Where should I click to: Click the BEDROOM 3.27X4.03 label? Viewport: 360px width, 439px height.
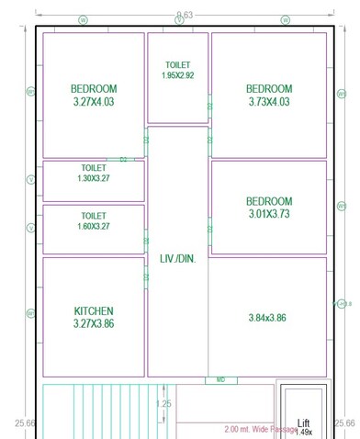click(94, 96)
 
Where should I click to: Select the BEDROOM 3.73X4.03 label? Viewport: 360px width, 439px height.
click(269, 96)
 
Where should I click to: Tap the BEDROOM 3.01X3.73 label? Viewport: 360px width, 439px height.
click(269, 208)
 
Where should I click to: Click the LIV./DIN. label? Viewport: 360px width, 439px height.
click(178, 258)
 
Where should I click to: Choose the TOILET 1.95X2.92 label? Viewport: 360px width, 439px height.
click(178, 70)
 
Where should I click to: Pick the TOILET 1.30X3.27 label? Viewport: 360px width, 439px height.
click(94, 174)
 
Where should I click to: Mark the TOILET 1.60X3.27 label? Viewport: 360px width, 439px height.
click(94, 220)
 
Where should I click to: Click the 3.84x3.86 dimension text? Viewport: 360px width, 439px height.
click(267, 318)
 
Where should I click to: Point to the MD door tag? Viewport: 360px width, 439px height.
click(220, 379)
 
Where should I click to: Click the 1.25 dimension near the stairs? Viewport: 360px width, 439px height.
click(163, 404)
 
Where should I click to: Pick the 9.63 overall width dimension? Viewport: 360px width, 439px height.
click(184, 16)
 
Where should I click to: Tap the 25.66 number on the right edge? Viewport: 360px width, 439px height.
click(343, 423)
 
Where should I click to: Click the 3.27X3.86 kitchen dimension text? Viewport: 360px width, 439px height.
click(94, 324)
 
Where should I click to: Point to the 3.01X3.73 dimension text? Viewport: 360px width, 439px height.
click(269, 214)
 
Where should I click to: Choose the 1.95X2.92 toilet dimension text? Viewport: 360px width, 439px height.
click(178, 75)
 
